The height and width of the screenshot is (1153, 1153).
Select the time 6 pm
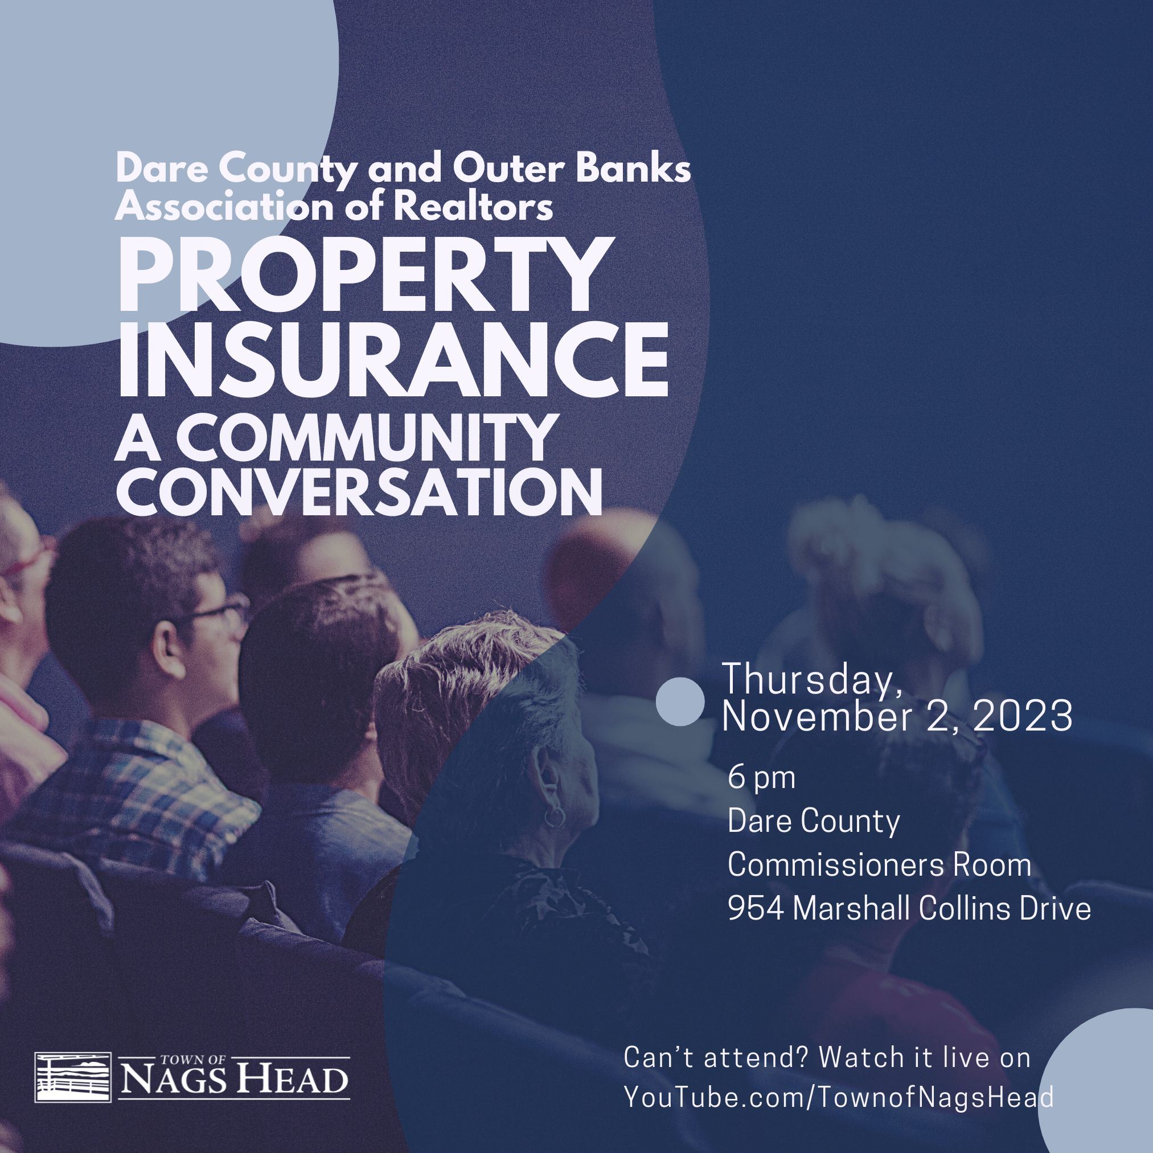(761, 779)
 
